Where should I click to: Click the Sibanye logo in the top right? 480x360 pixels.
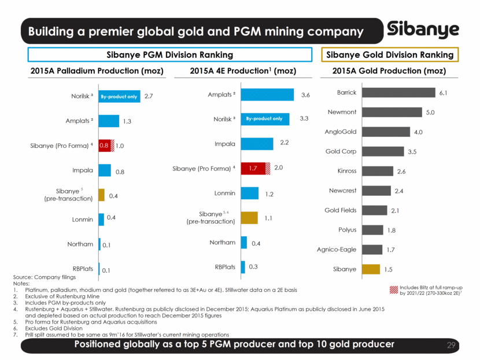(424, 30)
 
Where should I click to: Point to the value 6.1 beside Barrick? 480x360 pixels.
(444, 92)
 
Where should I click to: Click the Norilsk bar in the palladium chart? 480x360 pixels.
(120, 97)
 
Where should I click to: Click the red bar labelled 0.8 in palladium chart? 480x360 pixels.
(104, 146)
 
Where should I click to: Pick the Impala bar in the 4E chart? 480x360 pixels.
(257, 144)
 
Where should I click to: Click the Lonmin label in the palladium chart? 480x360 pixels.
(83, 219)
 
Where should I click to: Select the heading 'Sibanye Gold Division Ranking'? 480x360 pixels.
(390, 55)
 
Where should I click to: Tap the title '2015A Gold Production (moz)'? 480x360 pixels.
(389, 71)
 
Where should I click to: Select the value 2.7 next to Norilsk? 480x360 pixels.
(149, 97)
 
